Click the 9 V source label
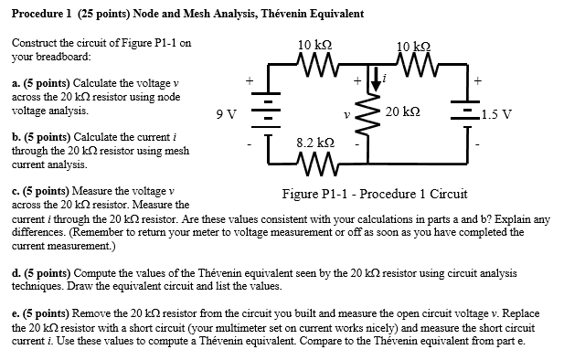226,114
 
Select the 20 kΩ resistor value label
403,111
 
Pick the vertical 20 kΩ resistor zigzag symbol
371,113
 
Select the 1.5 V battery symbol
469,113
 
